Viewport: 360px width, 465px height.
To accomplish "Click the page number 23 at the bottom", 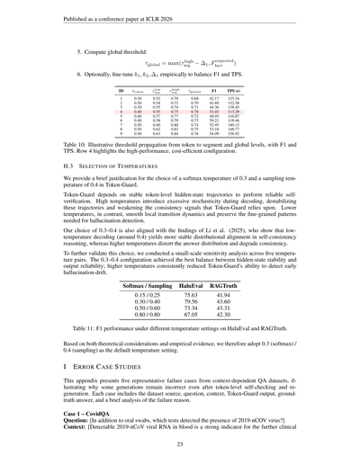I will tap(180, 444).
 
